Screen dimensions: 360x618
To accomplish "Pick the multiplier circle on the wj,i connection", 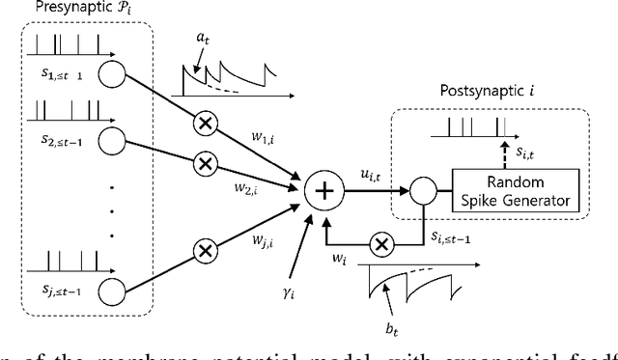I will [206, 251].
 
